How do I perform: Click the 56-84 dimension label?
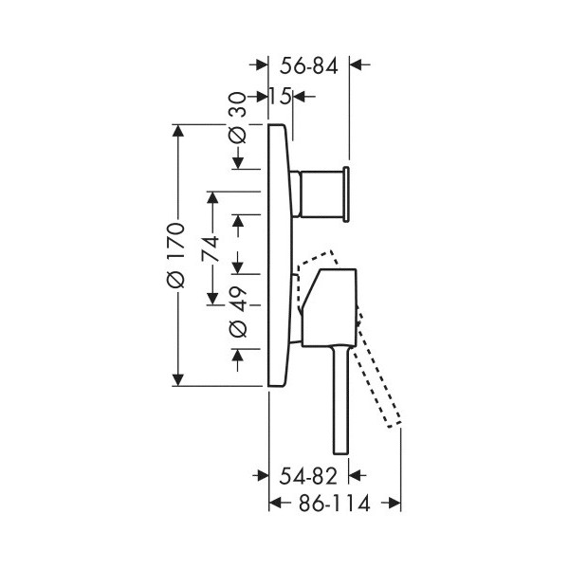tap(309, 65)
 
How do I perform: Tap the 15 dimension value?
tap(280, 97)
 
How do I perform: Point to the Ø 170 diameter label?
tap(176, 255)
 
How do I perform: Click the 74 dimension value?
tap(211, 248)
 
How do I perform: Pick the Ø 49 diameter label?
tap(238, 313)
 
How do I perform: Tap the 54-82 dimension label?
tap(308, 476)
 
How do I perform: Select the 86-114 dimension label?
tap(334, 503)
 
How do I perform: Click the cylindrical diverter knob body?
tap(321, 193)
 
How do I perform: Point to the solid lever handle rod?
tap(341, 400)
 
